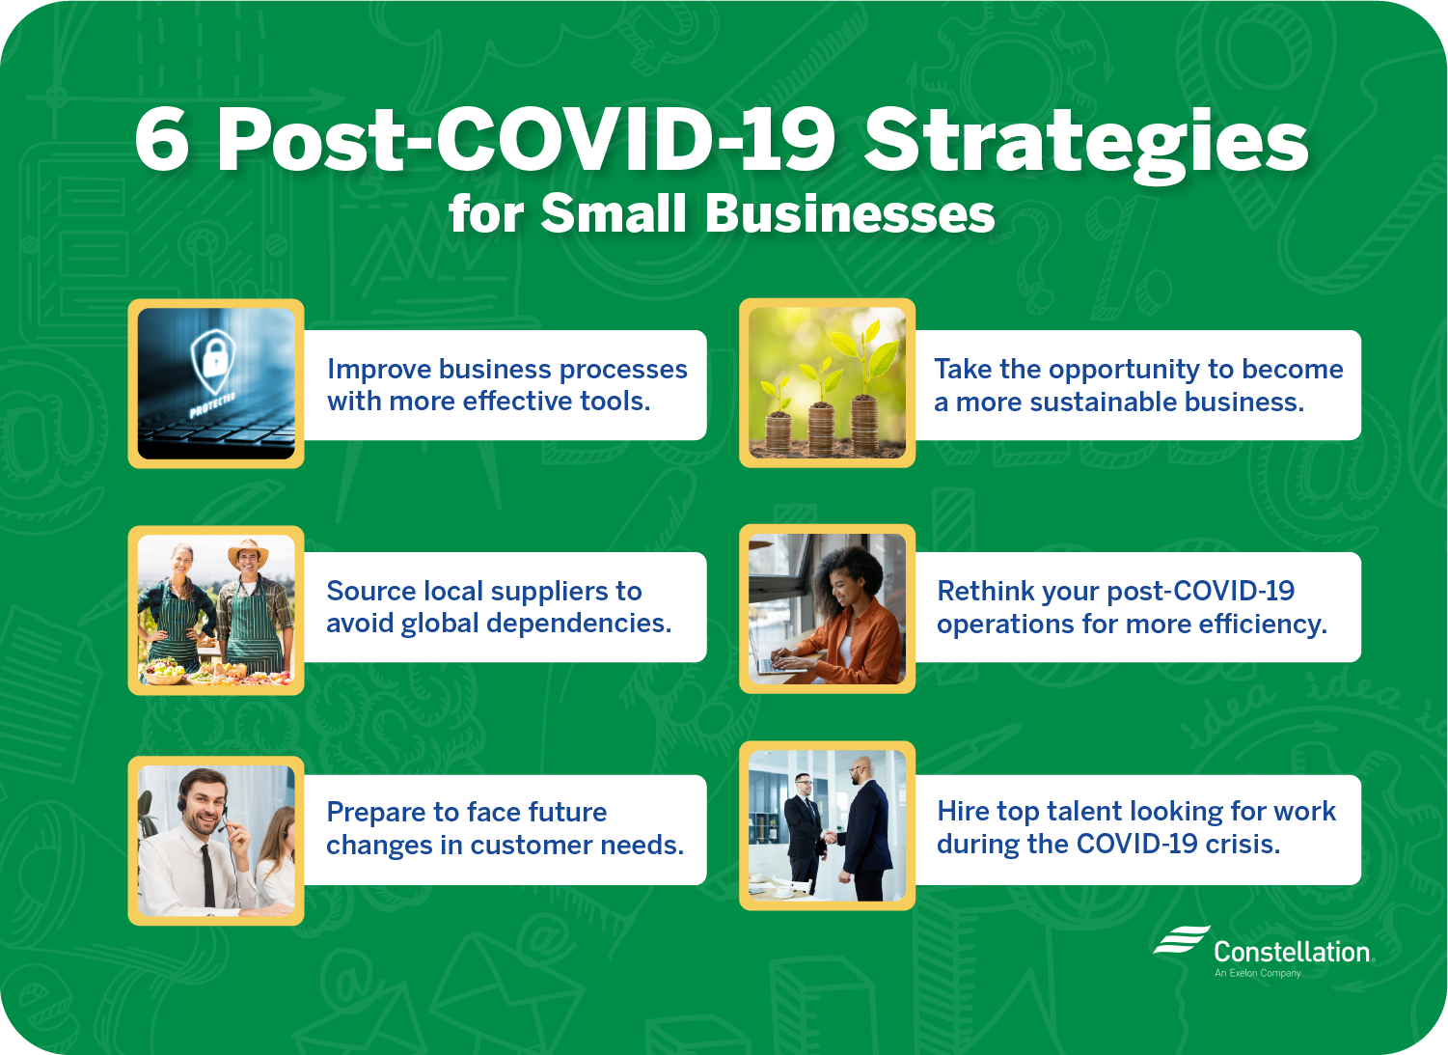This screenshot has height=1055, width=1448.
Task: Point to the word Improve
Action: (379, 370)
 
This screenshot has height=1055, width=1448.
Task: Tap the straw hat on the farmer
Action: (248, 552)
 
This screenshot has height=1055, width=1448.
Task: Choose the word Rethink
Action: (986, 591)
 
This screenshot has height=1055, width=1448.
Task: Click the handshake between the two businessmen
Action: (829, 837)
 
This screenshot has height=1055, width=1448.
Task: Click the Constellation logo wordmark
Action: (1291, 952)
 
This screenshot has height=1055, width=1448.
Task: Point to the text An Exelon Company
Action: (1257, 973)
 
